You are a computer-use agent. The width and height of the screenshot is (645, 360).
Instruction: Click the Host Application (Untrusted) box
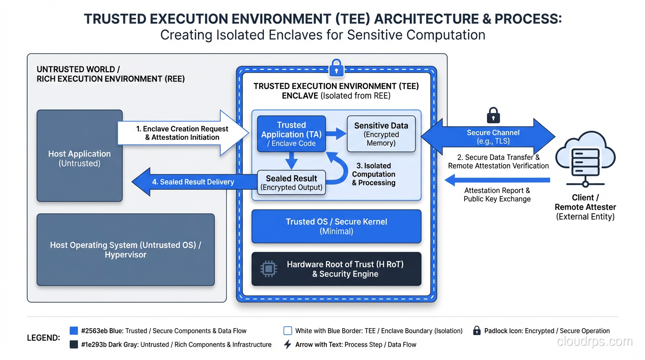point(80,156)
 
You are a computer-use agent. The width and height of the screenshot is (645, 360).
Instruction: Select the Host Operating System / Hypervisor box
point(126,250)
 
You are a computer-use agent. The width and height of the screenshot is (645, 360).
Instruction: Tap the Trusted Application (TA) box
point(291,134)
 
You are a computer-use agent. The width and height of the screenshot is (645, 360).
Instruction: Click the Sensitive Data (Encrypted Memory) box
point(381,134)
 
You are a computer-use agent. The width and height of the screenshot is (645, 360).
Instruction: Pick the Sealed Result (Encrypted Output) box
point(292,183)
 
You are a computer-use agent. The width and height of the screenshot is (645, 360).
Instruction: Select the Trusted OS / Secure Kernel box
point(337,226)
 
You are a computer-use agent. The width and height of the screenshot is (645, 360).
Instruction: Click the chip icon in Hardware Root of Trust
point(269,269)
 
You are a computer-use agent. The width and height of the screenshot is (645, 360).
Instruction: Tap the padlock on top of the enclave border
point(336,68)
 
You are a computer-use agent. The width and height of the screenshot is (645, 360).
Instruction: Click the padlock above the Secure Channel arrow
point(493,114)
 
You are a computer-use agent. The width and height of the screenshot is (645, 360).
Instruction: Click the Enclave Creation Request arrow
point(183,133)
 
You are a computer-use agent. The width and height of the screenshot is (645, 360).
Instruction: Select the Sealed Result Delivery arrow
point(192,182)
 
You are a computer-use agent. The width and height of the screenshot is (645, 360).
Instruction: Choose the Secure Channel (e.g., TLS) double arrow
point(487,136)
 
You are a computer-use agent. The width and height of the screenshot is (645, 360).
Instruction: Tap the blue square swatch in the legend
point(74,330)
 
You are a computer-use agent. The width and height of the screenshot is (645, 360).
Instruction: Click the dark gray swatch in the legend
point(74,345)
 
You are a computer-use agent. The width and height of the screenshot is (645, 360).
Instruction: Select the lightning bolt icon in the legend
point(288,345)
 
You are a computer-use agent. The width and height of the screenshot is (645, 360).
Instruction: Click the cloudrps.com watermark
point(594,341)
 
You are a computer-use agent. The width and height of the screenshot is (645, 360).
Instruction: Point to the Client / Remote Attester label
point(585,207)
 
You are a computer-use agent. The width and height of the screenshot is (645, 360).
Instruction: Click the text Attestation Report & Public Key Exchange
point(497,195)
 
